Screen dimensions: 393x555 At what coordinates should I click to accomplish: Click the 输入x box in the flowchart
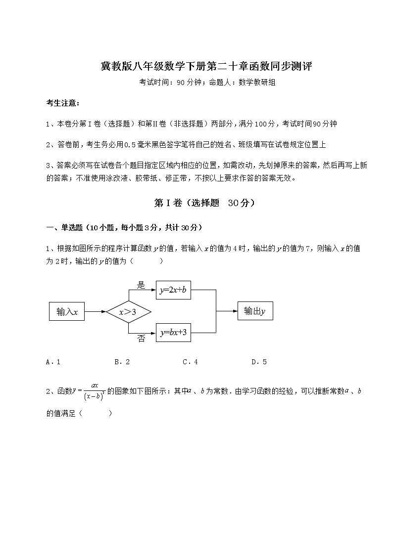[x=67, y=312]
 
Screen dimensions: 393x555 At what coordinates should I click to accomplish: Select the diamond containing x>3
[x=128, y=312]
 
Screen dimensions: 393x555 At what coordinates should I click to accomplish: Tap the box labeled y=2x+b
[x=173, y=291]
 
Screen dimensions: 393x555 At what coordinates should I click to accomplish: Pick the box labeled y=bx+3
[x=173, y=333]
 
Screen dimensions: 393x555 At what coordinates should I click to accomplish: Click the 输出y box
[x=255, y=311]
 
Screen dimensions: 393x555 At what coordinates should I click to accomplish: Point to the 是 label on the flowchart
[x=141, y=285]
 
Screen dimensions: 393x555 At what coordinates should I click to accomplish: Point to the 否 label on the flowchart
[x=141, y=340]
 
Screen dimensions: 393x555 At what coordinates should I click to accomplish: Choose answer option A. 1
[x=53, y=362]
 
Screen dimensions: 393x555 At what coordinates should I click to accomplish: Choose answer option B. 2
[x=122, y=362]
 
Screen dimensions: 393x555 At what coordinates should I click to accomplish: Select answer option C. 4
[x=190, y=362]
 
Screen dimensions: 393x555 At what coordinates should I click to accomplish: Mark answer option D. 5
[x=259, y=362]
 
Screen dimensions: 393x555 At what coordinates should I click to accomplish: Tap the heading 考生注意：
[x=62, y=103]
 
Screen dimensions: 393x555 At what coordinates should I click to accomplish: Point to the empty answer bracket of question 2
[x=96, y=413]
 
